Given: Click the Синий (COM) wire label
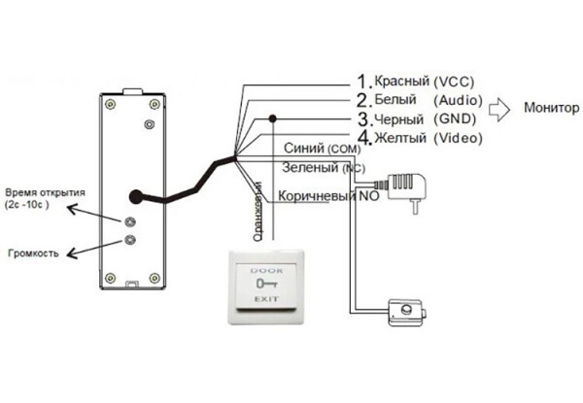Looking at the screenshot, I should [x=323, y=150].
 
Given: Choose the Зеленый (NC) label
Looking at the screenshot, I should [x=321, y=167].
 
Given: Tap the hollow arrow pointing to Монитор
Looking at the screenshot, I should [x=497, y=107].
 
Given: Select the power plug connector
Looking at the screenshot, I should [x=407, y=185].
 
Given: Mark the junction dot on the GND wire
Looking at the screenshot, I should [x=274, y=118].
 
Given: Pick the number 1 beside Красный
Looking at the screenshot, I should [x=364, y=81].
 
